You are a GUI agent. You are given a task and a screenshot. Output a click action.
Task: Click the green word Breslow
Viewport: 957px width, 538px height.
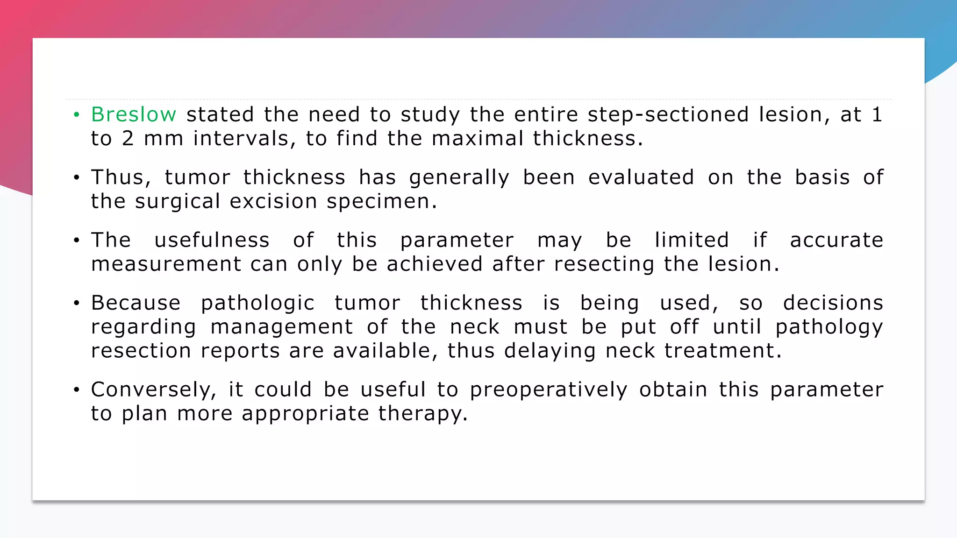(134, 114)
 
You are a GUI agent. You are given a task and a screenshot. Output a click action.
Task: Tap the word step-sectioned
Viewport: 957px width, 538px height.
(668, 114)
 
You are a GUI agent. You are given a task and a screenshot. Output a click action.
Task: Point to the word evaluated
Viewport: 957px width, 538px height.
(641, 177)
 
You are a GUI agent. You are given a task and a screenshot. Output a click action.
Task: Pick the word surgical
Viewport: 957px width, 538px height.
(178, 201)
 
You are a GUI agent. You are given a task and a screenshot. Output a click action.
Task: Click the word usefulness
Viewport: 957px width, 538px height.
(212, 240)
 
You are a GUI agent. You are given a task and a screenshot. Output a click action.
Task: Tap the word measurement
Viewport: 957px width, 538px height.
(166, 264)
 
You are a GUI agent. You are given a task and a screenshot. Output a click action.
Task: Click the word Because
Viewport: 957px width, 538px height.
(136, 303)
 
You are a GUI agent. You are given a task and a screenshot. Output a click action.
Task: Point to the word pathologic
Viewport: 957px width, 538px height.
(257, 304)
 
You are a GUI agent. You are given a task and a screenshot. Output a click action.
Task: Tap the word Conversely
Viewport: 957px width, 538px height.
(154, 389)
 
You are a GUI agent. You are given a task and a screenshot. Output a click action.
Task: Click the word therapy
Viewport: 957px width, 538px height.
(422, 414)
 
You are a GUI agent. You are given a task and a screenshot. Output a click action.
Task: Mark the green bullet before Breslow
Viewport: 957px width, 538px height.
(77, 114)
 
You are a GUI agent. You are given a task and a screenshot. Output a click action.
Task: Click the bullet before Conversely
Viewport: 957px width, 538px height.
(77, 389)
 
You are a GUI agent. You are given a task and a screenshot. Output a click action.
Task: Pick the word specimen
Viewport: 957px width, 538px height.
(381, 201)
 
